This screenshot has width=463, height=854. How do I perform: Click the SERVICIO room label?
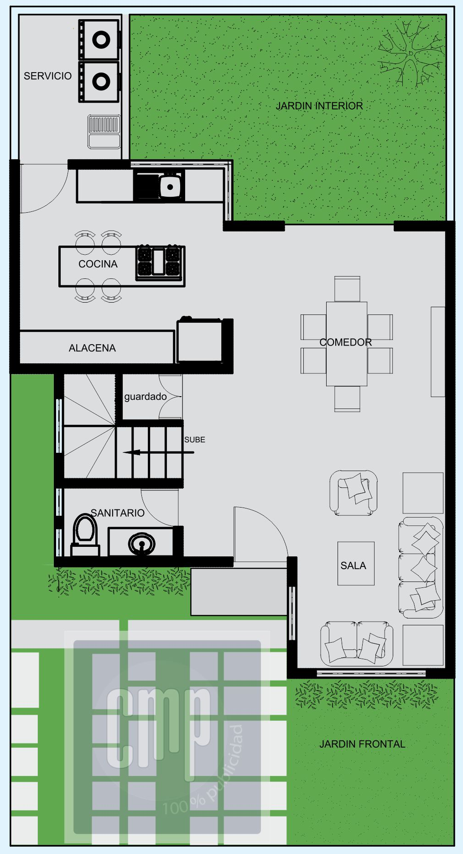coord(47,76)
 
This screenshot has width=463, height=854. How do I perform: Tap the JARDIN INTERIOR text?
coord(319,106)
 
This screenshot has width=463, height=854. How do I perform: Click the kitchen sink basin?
coord(170,186)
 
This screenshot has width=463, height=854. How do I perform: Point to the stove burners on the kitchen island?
coord(160,262)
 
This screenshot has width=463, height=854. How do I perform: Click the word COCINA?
coord(98,264)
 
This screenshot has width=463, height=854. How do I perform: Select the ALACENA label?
coord(92,348)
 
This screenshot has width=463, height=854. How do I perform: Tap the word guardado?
coord(146,397)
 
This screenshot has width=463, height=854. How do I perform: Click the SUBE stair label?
coord(195,440)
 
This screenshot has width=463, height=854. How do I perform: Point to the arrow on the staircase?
coord(159,453)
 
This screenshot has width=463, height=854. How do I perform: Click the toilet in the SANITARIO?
coord(85,534)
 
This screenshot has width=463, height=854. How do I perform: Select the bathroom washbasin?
coord(141,544)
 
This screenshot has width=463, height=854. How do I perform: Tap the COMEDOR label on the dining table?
coord(345,342)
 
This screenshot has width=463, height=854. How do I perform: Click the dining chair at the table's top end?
coord(347,288)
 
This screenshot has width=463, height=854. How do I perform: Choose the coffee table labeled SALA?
coord(356,563)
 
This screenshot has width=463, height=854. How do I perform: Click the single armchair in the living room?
coord(354,493)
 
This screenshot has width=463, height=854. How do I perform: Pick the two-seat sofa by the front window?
coord(357,643)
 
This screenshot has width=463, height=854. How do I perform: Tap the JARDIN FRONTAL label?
coord(362,744)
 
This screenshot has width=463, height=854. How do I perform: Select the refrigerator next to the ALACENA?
coord(200,340)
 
